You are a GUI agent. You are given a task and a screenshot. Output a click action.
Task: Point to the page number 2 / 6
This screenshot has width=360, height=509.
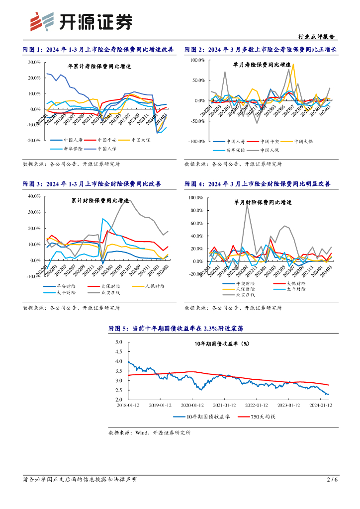pos(332,479)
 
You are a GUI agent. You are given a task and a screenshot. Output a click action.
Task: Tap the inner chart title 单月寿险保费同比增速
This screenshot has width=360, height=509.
pos(262,65)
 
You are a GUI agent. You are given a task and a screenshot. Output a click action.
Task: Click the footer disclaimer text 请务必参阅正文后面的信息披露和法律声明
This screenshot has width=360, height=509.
pos(80,479)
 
